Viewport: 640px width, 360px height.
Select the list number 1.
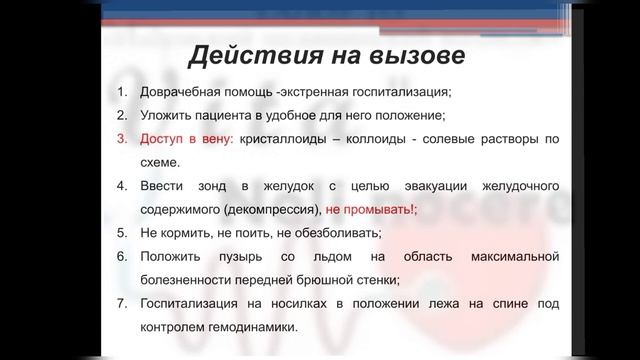click(121, 93)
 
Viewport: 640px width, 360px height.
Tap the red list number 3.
click(121, 139)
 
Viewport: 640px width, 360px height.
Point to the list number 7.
click(121, 303)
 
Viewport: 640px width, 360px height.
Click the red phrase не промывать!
click(371, 210)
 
